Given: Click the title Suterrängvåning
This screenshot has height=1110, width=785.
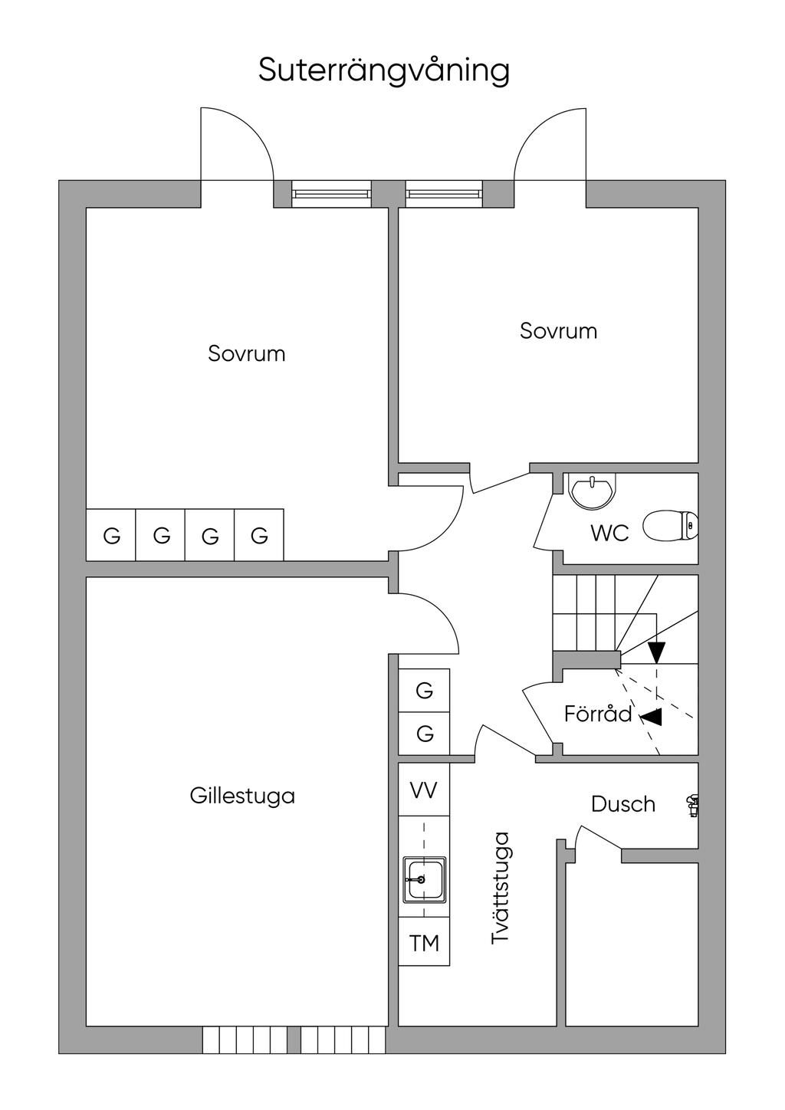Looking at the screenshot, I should pyautogui.click(x=383, y=71).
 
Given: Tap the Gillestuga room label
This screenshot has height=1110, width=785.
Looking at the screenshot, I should pyautogui.click(x=242, y=796).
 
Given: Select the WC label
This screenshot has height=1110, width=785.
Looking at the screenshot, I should pyautogui.click(x=609, y=533).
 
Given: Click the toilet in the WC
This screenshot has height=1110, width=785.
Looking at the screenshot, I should pyautogui.click(x=669, y=527).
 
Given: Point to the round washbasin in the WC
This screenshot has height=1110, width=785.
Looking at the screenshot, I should pyautogui.click(x=591, y=491).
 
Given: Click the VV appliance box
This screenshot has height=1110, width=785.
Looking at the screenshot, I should pyautogui.click(x=424, y=790).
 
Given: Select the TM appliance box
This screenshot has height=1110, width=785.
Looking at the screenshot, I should pyautogui.click(x=424, y=942).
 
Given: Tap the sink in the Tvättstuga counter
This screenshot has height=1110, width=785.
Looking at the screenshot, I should pyautogui.click(x=424, y=879).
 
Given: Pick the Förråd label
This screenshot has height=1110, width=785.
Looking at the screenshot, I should pyautogui.click(x=598, y=714).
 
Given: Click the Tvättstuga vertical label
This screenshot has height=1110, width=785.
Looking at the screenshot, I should pyautogui.click(x=501, y=888).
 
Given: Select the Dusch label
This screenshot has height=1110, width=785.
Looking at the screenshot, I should pyautogui.click(x=623, y=804).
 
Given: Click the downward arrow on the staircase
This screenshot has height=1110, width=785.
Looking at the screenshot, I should pyautogui.click(x=656, y=652).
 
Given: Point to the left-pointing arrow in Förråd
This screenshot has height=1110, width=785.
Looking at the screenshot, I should pyautogui.click(x=652, y=717).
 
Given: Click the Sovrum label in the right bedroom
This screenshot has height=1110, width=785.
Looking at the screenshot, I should pyautogui.click(x=558, y=331).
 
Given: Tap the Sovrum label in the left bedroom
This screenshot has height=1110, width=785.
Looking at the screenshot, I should pyautogui.click(x=246, y=353).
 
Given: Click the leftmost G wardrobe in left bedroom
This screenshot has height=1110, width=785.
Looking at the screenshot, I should pyautogui.click(x=112, y=536).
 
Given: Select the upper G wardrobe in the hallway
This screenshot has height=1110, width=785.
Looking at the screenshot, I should pyautogui.click(x=424, y=691).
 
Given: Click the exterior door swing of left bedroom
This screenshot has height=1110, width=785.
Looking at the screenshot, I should pyautogui.click(x=236, y=146).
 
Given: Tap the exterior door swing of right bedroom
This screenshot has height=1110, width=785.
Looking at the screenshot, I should pyautogui.click(x=550, y=146).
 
